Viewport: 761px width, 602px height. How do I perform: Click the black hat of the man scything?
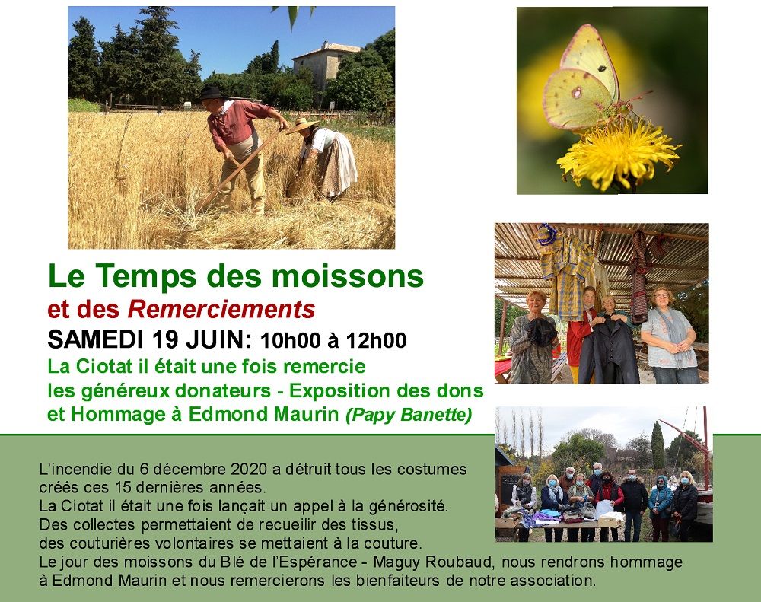point(212,93)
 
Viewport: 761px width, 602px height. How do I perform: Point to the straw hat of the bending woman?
point(302,125)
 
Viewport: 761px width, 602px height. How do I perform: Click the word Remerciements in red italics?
point(221,309)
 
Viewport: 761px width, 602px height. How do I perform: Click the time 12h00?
point(376,341)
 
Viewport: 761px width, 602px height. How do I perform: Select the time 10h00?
point(290,341)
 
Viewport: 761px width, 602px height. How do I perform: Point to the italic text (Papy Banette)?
point(409,416)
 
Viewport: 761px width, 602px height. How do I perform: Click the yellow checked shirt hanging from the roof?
point(566,272)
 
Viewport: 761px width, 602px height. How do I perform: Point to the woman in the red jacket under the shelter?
point(581,330)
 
